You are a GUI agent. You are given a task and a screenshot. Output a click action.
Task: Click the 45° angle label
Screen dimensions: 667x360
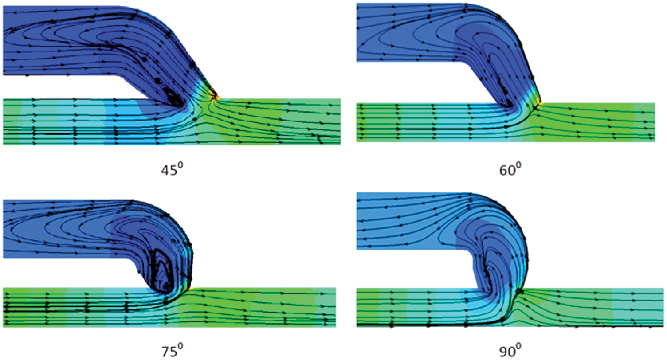(x=172, y=170)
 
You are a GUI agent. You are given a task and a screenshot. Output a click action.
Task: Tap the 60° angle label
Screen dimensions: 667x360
(x=510, y=170)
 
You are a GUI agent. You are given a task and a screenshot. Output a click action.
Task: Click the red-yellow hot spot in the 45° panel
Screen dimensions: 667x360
(x=216, y=96)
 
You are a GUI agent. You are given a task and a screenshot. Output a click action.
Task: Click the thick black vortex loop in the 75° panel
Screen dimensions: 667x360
(x=161, y=271)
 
